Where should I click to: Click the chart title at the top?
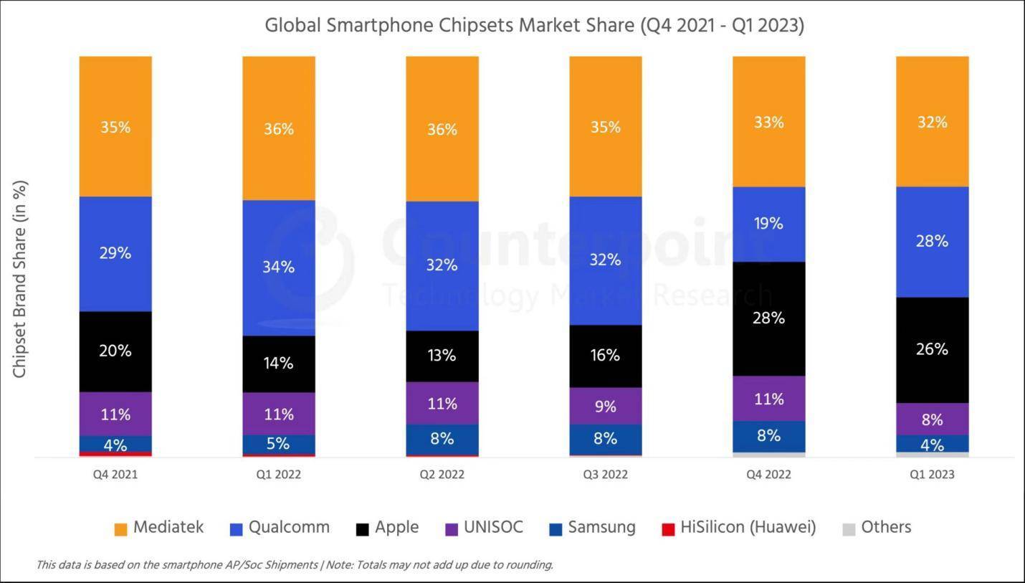[534, 26]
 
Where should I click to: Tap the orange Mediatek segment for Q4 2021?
[115, 126]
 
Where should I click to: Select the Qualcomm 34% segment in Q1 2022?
[279, 267]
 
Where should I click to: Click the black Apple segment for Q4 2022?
[768, 318]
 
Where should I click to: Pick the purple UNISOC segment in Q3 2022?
[605, 406]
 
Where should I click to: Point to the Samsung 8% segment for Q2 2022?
[442, 439]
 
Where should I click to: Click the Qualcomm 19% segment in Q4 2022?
[768, 224]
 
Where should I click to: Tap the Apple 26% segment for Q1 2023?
[932, 350]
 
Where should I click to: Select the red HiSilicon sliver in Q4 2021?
[115, 454]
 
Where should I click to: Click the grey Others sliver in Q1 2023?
[932, 455]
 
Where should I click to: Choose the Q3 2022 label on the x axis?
[605, 475]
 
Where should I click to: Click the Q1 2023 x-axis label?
[932, 475]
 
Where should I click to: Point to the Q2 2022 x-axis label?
[442, 475]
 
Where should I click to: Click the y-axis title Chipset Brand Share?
[20, 280]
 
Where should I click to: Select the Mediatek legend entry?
[159, 528]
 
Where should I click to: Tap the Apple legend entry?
[387, 528]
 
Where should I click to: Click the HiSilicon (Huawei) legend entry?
[738, 528]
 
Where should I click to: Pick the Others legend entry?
[877, 528]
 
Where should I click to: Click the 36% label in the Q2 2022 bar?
[442, 129]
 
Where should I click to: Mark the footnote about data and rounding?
[294, 565]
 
